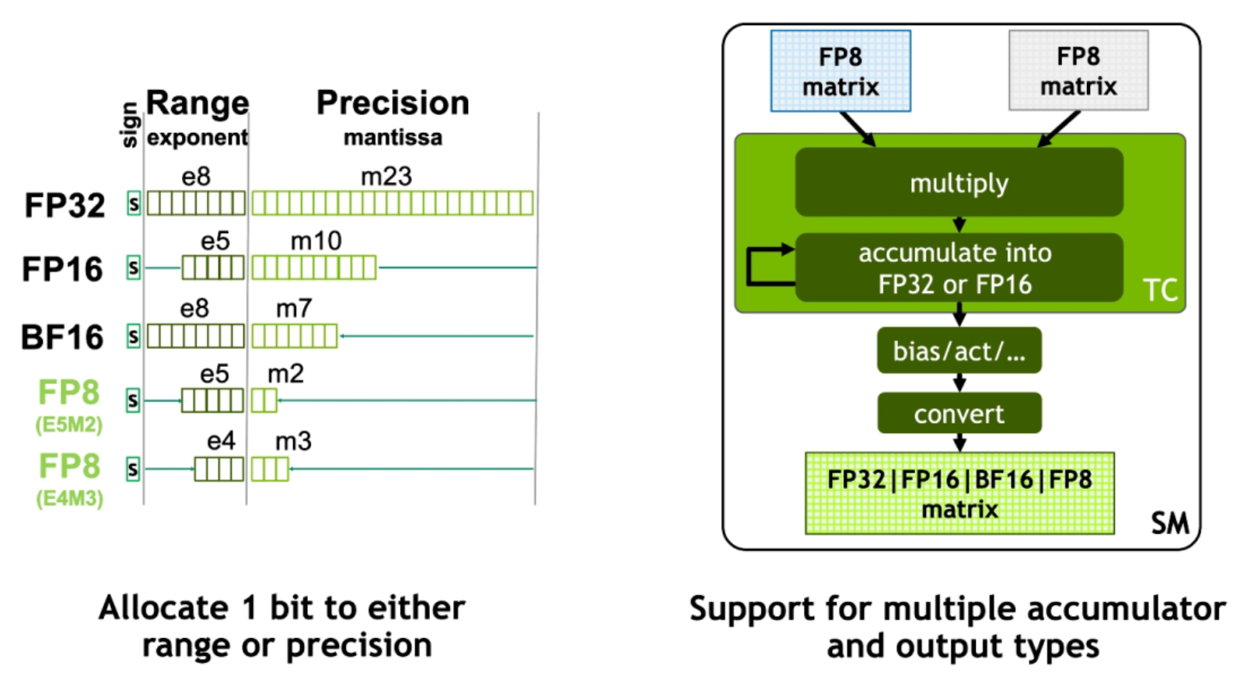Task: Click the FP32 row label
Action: (x=65, y=205)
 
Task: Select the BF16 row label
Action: (x=62, y=337)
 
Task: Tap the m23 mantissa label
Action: (x=386, y=176)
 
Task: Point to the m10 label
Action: (x=316, y=241)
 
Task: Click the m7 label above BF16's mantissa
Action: (x=295, y=308)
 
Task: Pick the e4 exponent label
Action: (x=221, y=441)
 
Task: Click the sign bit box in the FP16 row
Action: (x=133, y=267)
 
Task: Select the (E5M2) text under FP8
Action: (x=69, y=424)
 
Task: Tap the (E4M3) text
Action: (x=69, y=498)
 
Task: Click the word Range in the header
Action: (x=197, y=103)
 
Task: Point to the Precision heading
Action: (x=393, y=103)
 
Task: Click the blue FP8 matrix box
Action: (x=840, y=71)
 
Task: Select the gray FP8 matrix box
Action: (x=1078, y=71)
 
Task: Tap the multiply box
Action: (x=959, y=182)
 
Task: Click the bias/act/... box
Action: (x=959, y=351)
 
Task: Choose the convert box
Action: (x=959, y=413)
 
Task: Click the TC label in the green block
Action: (x=1160, y=290)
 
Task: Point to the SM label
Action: (x=1170, y=523)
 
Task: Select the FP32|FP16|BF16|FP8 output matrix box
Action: (x=959, y=494)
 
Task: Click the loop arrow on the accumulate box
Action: (x=749, y=267)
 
